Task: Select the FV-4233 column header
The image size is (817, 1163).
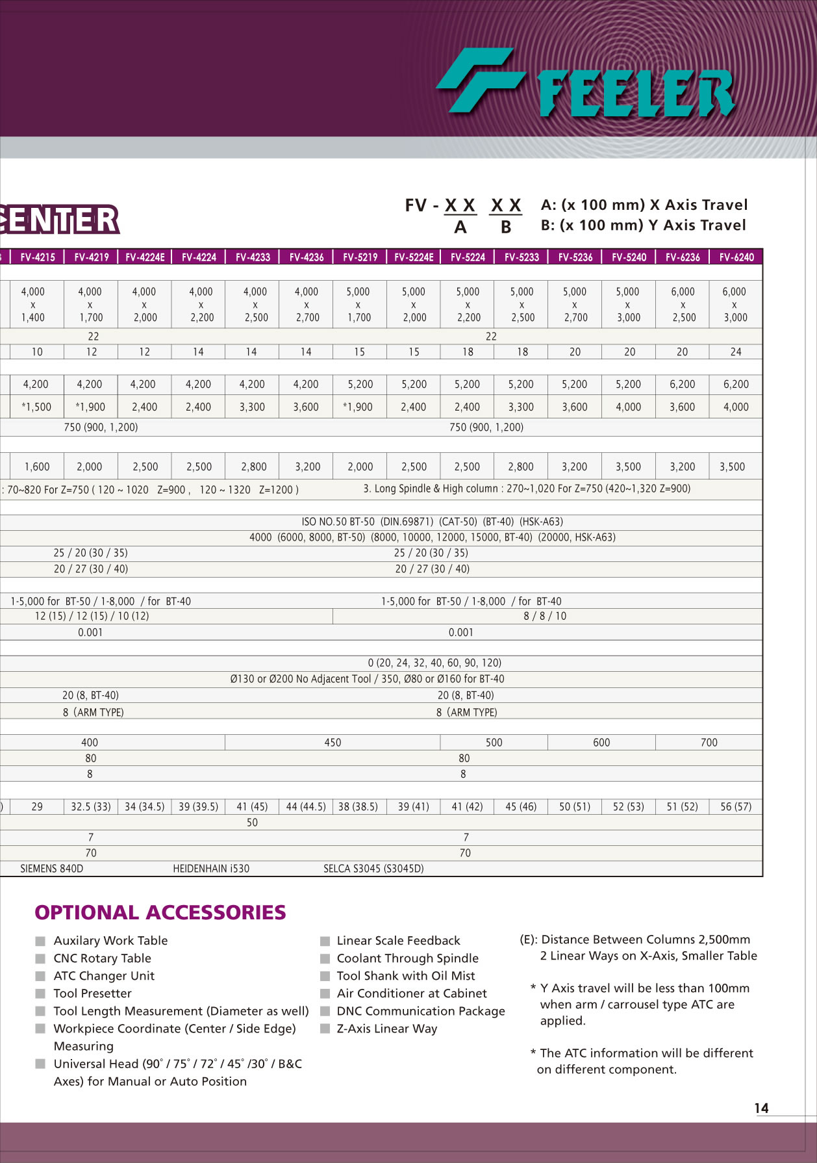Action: (x=253, y=257)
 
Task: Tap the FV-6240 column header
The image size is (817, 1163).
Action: (x=736, y=257)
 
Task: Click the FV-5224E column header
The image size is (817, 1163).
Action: (x=414, y=257)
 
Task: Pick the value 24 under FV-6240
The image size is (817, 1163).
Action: (x=736, y=352)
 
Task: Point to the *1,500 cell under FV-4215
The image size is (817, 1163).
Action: (x=37, y=407)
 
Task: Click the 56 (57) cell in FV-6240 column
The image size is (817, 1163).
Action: (x=736, y=807)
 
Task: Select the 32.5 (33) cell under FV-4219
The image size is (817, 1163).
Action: (x=91, y=807)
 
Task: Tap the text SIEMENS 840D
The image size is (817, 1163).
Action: (x=52, y=869)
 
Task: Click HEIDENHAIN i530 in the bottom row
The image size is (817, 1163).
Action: (x=211, y=869)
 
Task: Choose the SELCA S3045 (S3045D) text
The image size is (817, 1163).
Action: (x=373, y=869)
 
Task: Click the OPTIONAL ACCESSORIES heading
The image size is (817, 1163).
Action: (x=160, y=913)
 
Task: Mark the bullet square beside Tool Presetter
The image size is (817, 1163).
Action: (x=40, y=993)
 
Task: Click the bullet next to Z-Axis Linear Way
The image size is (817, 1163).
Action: (x=325, y=1029)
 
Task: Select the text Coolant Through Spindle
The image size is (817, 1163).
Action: (x=407, y=958)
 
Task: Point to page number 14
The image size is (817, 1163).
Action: (x=761, y=1108)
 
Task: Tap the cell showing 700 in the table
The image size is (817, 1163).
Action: (x=709, y=743)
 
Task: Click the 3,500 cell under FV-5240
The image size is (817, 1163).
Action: (x=628, y=467)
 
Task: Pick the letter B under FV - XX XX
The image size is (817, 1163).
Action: (x=506, y=227)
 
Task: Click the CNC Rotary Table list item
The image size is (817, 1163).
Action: (x=102, y=958)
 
